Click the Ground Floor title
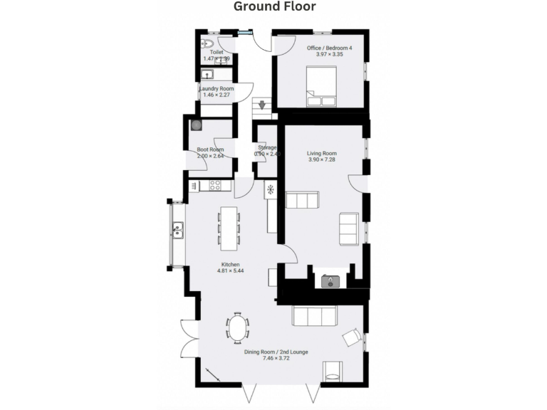(274, 7)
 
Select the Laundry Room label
(216, 89)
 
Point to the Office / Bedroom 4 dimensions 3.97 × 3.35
(329, 54)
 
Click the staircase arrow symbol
(263, 105)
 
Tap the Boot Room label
(210, 149)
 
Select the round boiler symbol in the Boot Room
(196, 125)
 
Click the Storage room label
(266, 147)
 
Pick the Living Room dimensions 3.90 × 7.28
(322, 160)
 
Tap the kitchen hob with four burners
(216, 185)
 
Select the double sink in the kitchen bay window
(177, 230)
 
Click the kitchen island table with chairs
(229, 228)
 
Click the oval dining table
(238, 328)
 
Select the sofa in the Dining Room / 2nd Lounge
(314, 315)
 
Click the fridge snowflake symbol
(271, 189)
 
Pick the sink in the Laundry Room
(208, 73)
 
